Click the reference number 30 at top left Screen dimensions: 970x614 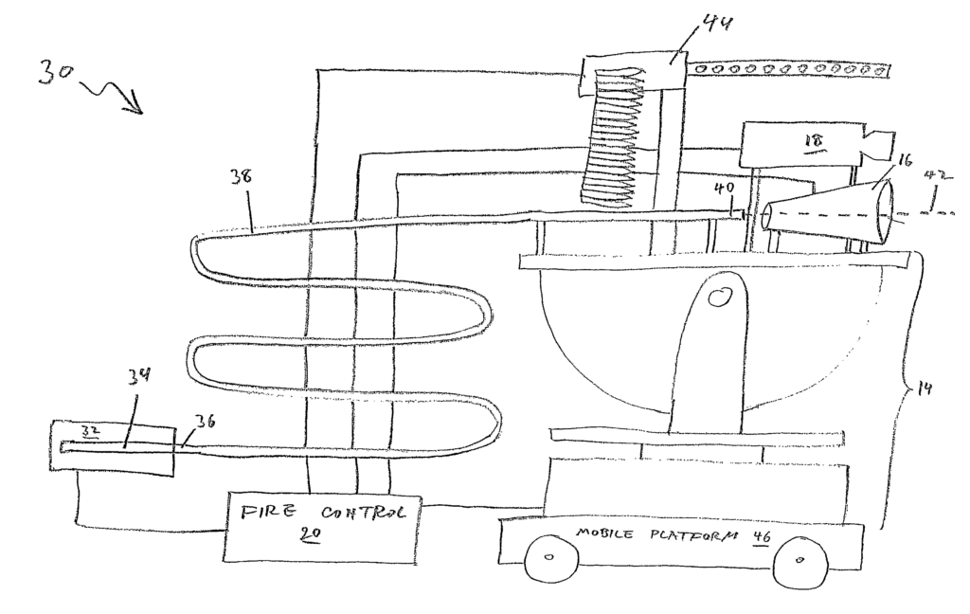(55, 72)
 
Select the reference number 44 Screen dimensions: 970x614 (718, 24)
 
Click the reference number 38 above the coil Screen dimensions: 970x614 (241, 176)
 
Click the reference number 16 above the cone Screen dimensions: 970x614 (904, 161)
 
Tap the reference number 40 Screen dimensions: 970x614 (723, 188)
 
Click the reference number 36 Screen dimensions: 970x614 (205, 422)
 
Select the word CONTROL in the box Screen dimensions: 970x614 (364, 514)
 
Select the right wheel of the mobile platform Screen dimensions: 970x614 (801, 561)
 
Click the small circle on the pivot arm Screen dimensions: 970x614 (718, 298)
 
